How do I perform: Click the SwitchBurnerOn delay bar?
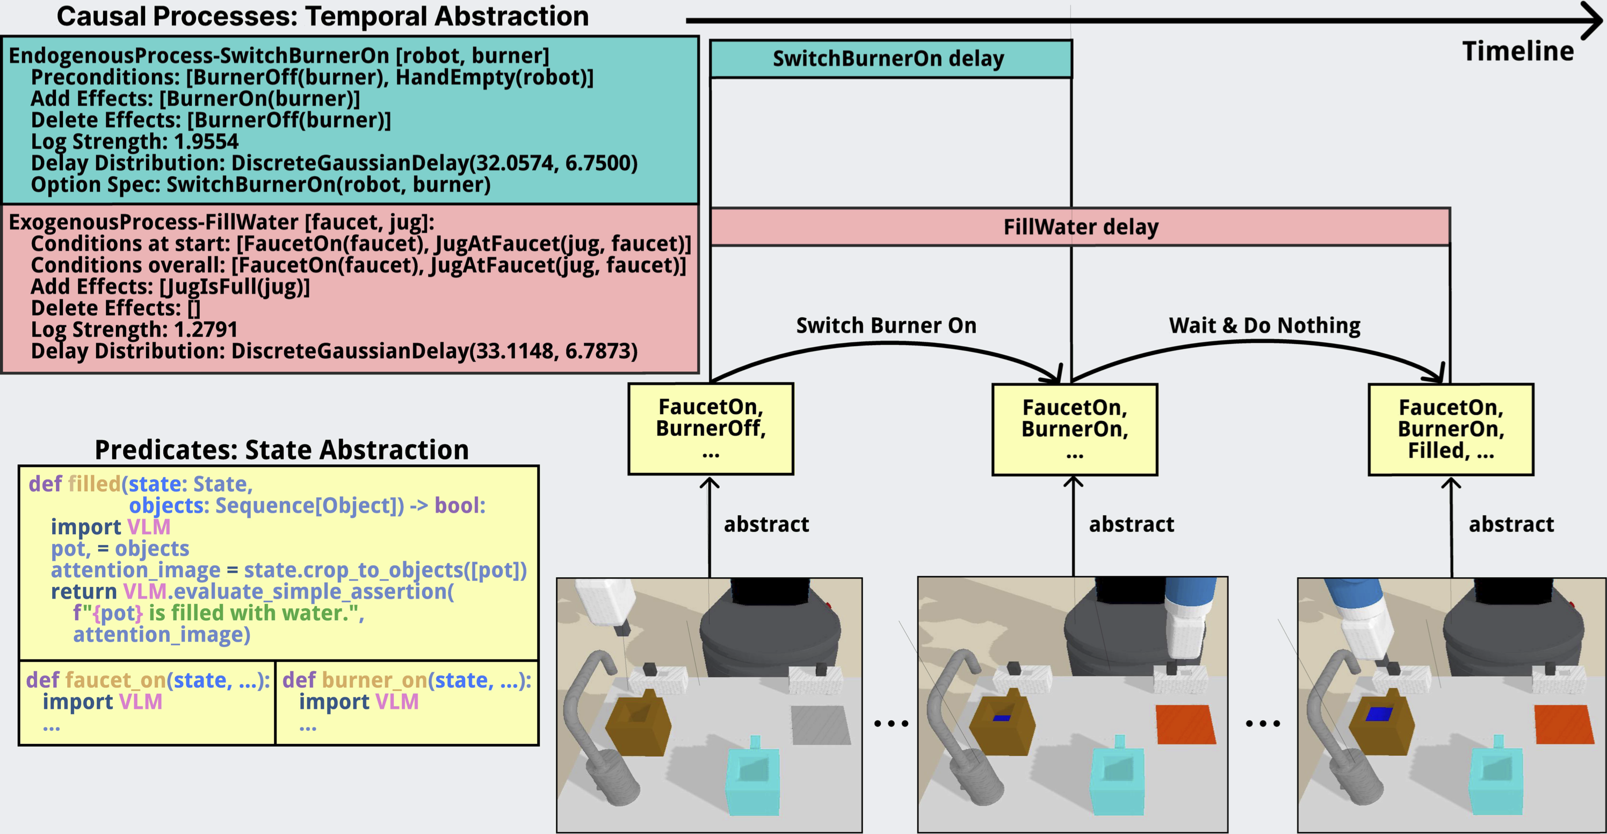pos(890,59)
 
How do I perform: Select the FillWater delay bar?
pos(1080,227)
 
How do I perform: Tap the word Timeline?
pos(1517,52)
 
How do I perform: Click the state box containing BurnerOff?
pos(711,429)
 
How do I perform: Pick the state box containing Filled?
pos(1450,429)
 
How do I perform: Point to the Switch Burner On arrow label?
pos(886,325)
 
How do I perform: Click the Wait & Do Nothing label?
pos(1264,325)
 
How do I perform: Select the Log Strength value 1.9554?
pos(206,142)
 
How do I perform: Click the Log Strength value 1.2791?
pos(206,329)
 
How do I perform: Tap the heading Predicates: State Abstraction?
pos(281,449)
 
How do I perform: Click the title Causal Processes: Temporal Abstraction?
pos(322,16)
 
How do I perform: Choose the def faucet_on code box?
pos(147,702)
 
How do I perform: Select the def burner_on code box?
pos(407,702)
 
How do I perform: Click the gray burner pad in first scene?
pos(820,724)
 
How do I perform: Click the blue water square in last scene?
pos(1379,714)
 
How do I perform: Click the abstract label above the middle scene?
pos(1131,524)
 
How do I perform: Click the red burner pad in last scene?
pos(1563,724)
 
